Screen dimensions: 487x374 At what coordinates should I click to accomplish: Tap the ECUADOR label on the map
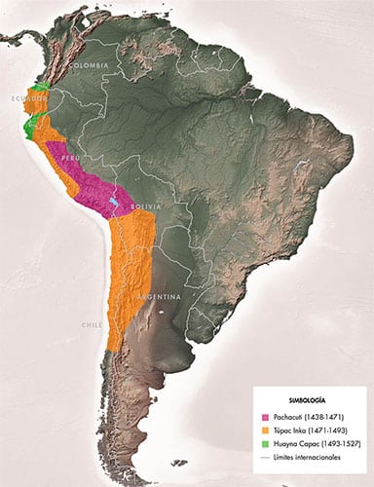click(27, 99)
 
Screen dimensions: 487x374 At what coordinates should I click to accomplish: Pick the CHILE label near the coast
click(92, 324)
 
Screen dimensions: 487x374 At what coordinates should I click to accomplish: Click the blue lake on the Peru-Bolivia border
click(115, 204)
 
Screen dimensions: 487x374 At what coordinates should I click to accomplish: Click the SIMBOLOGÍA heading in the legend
click(306, 400)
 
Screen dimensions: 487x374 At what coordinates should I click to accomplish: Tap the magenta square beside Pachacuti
click(265, 417)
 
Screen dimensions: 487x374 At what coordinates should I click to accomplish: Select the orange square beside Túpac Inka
click(265, 431)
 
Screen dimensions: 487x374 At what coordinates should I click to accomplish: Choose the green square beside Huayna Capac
click(265, 444)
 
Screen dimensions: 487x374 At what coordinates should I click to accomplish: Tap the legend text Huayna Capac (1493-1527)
click(313, 444)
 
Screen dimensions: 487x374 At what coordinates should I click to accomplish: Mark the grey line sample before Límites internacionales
click(265, 458)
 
